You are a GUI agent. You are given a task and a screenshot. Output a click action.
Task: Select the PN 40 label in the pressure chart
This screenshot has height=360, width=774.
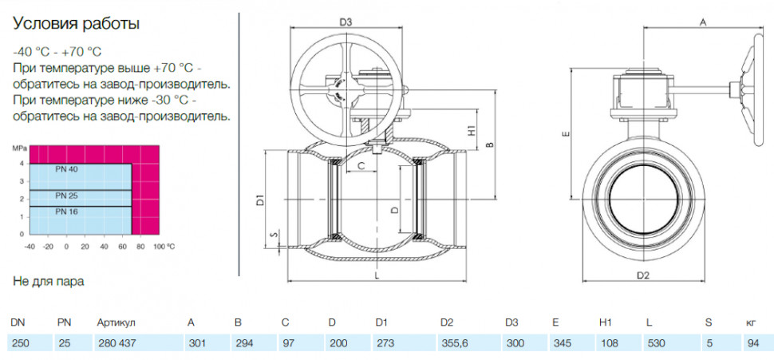(x=67, y=169)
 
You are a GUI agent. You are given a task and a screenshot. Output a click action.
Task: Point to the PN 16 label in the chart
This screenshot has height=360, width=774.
(x=67, y=212)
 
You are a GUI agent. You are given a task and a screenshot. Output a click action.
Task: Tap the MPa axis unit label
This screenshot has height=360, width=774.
(x=20, y=148)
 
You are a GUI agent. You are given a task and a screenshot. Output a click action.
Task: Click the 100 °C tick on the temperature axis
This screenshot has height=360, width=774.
(x=164, y=245)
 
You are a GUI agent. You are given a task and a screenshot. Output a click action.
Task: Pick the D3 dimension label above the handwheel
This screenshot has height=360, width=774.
(x=346, y=22)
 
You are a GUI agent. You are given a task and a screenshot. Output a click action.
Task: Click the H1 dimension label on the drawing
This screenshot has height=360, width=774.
(x=472, y=131)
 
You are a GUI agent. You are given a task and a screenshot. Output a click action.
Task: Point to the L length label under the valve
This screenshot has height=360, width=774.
(x=377, y=276)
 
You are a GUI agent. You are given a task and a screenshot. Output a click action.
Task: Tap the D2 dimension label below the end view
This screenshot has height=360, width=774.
(x=642, y=275)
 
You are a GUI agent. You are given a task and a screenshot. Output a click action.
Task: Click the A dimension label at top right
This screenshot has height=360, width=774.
(x=704, y=22)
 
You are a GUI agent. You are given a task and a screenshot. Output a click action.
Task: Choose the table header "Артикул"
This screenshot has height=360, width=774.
(x=116, y=323)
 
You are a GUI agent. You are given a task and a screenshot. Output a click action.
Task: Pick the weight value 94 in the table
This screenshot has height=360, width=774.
(x=753, y=343)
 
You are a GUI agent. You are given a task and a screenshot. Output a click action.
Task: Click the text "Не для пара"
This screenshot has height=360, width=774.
(x=49, y=282)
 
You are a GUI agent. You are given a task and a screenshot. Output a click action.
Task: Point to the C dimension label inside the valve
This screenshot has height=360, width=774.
(x=361, y=166)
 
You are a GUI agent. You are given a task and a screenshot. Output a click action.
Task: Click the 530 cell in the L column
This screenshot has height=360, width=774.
(x=654, y=343)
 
